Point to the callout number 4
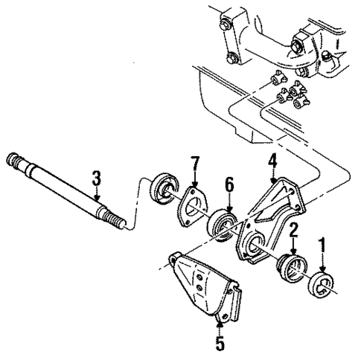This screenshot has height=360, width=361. (273, 158)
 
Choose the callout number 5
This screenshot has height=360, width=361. (219, 344)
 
